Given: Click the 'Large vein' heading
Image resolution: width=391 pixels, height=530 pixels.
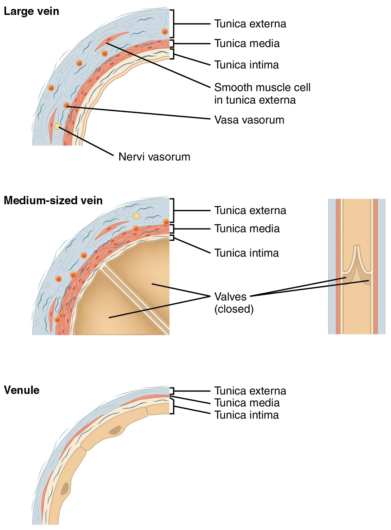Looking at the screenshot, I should point(31,11).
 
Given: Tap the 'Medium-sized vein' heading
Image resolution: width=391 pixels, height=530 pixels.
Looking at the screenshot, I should point(53,200).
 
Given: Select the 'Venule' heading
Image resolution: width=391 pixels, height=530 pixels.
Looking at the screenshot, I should point(21,390).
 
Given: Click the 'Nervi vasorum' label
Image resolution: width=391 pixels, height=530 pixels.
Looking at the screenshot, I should point(154,157).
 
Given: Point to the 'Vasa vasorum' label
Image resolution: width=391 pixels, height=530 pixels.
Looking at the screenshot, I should point(249,120).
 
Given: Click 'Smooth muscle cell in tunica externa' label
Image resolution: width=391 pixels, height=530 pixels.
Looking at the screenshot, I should point(262,93).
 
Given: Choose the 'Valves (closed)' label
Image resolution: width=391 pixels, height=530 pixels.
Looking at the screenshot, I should point(234,303).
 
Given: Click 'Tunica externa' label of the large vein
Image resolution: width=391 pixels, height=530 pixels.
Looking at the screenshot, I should point(250,24).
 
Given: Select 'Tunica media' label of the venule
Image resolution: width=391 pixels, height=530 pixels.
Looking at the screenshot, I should point(247,403).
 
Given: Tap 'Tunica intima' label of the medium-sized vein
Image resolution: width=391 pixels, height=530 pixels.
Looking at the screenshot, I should point(246,253).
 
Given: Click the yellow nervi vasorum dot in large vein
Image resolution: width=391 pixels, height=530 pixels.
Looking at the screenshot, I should point(57,127).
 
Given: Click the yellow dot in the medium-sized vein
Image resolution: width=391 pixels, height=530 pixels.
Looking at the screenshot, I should point(136,216).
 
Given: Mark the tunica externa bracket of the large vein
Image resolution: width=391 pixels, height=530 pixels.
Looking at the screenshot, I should point(172,24).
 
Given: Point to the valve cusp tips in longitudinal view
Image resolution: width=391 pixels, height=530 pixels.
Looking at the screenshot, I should point(357,247).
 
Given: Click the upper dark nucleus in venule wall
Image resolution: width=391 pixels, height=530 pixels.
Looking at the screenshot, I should point(115,430).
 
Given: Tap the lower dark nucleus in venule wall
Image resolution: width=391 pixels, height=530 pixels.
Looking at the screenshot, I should point(65,488).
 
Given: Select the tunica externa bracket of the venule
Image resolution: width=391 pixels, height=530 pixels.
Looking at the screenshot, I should point(172,391).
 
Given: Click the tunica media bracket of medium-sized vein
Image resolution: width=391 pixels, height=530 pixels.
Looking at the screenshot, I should point(172,229).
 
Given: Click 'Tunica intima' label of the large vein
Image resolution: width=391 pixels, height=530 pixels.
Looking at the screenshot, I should point(246,65).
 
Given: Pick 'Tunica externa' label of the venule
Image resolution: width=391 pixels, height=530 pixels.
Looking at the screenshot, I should point(250,391).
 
